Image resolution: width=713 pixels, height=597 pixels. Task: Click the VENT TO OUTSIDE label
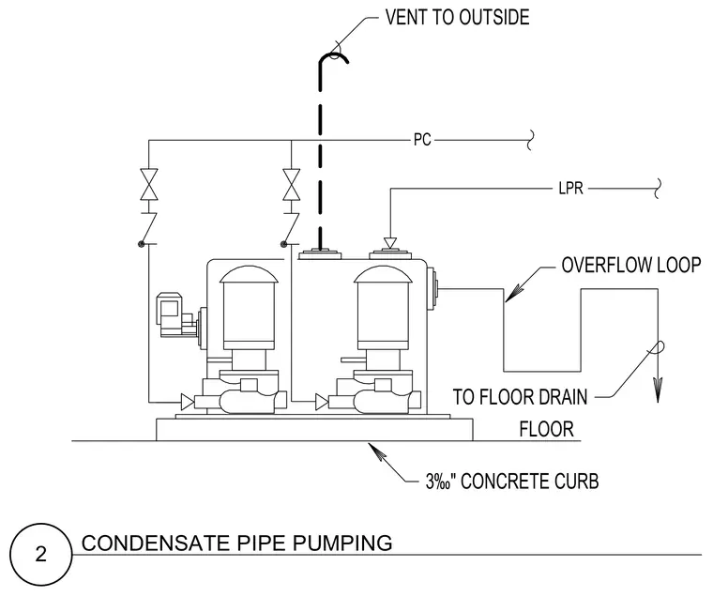pyautogui.click(x=457, y=17)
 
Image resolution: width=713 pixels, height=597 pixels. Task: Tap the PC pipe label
pyautogui.click(x=422, y=139)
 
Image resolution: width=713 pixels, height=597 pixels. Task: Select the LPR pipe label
pyautogui.click(x=570, y=188)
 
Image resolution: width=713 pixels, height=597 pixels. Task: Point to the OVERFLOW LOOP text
pyautogui.click(x=631, y=266)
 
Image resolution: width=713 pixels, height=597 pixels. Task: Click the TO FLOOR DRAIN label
pyautogui.click(x=520, y=397)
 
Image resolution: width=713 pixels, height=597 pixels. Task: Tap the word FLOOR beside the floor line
pyautogui.click(x=547, y=429)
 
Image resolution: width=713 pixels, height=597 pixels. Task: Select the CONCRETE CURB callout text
pyautogui.click(x=512, y=482)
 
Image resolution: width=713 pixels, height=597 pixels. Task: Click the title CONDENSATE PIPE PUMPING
pyautogui.click(x=237, y=543)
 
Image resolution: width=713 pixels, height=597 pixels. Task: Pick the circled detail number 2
pyautogui.click(x=41, y=554)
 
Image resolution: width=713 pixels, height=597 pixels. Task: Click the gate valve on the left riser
pyautogui.click(x=148, y=184)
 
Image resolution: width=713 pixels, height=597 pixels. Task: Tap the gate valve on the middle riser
pyautogui.click(x=291, y=184)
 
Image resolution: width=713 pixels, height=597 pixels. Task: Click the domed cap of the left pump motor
pyautogui.click(x=249, y=274)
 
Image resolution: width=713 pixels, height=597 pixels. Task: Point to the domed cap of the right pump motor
pyautogui.click(x=383, y=274)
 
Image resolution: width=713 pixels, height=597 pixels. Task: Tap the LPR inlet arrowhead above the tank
pyautogui.click(x=389, y=243)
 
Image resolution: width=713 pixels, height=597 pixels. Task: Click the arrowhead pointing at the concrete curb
pyautogui.click(x=376, y=451)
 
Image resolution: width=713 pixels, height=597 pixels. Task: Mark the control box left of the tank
pyautogui.click(x=170, y=314)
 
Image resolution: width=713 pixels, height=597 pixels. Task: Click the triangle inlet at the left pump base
pyautogui.click(x=187, y=402)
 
